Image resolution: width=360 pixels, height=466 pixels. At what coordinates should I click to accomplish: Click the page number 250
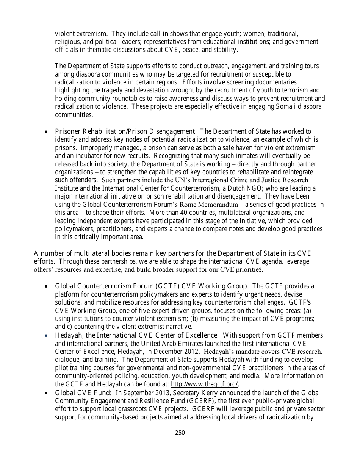180,432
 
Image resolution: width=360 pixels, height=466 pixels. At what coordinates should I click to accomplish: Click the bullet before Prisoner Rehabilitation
46,132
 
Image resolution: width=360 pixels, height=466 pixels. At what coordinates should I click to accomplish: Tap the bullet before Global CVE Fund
46,393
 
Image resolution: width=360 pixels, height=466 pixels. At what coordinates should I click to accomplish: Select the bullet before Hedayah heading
46,336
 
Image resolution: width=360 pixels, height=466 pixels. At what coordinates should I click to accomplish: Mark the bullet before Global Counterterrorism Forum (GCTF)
46,286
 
